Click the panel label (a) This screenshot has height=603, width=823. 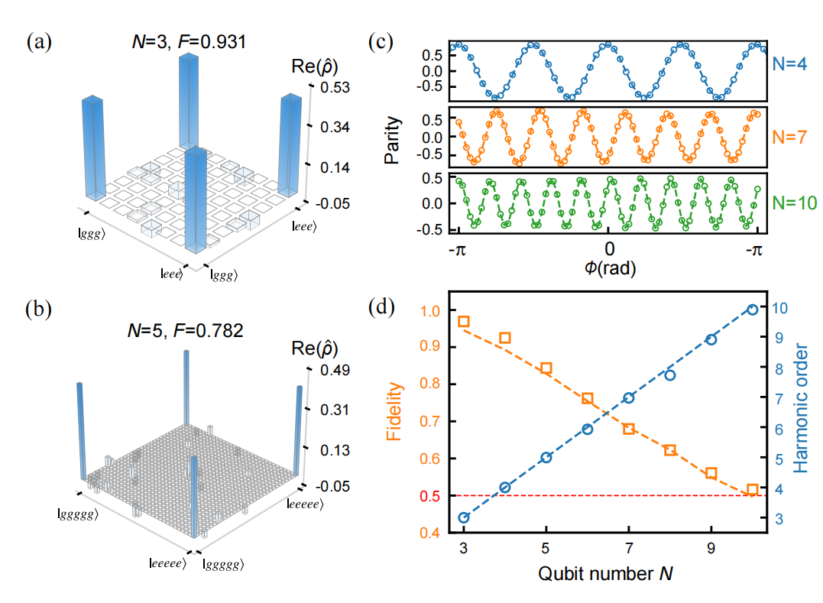40,42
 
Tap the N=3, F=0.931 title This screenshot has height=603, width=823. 186,41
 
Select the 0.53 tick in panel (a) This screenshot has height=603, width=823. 335,87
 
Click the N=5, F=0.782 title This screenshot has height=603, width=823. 186,331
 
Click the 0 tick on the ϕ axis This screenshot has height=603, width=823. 608,248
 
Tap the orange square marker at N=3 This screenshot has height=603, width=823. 463,322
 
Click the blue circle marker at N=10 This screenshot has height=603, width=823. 752,310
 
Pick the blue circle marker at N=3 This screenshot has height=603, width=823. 463,518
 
